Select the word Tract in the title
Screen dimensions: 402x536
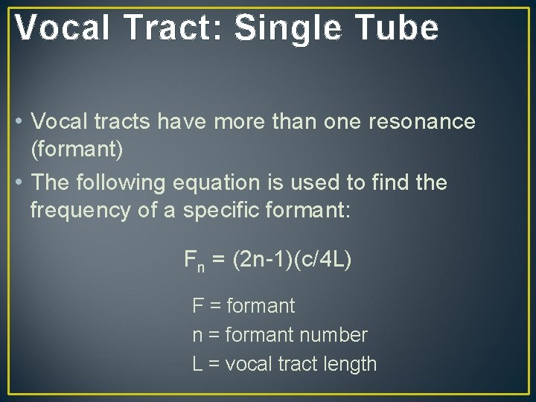(182, 28)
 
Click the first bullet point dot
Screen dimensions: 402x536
(20, 121)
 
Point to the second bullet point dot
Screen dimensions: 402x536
(20, 182)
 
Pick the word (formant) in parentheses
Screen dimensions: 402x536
(77, 150)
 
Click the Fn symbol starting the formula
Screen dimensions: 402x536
(194, 261)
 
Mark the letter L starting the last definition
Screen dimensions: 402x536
(197, 364)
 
